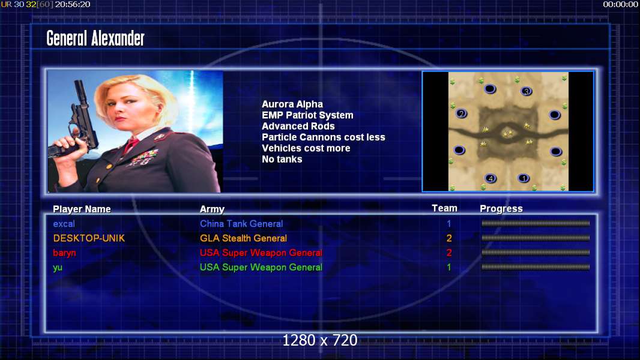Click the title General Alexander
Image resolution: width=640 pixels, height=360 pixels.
(x=95, y=39)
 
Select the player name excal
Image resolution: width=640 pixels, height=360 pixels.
(x=64, y=224)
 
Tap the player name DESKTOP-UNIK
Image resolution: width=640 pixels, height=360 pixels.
(x=89, y=238)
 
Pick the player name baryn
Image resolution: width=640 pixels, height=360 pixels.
(x=64, y=253)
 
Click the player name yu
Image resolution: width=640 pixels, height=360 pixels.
(x=58, y=268)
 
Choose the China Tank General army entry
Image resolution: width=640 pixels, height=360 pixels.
(x=241, y=224)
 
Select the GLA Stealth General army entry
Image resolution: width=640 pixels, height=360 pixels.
(x=243, y=238)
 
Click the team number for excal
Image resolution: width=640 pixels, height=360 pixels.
(x=449, y=224)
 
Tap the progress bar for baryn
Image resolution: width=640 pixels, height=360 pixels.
(x=536, y=253)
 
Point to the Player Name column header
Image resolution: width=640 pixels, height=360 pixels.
(x=82, y=209)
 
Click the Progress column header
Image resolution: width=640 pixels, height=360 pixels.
(x=501, y=209)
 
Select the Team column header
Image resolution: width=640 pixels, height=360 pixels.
(x=444, y=208)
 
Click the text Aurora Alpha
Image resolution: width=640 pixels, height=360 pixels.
(x=292, y=104)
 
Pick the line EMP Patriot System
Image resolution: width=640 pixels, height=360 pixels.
(x=308, y=115)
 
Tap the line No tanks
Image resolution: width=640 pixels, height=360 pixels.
(x=282, y=160)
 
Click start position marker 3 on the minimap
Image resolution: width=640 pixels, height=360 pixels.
(x=527, y=91)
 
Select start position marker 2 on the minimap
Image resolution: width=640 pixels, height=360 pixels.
(x=462, y=114)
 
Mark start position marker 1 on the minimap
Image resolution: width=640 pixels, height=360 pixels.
(x=524, y=178)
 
